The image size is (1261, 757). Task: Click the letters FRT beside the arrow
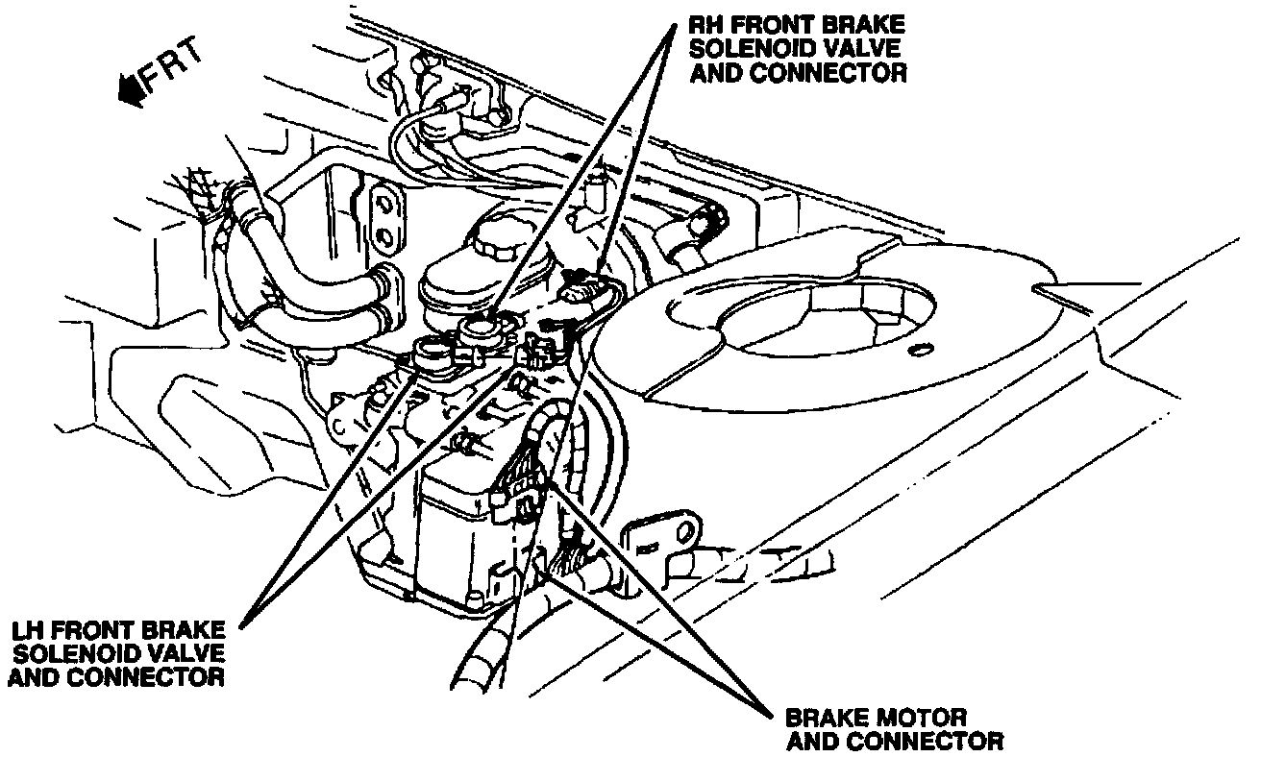(x=175, y=70)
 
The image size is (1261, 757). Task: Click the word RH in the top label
(x=710, y=25)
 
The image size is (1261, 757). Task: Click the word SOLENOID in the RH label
(x=753, y=49)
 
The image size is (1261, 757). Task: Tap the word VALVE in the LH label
(x=187, y=653)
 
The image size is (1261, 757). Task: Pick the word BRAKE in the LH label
(x=187, y=630)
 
